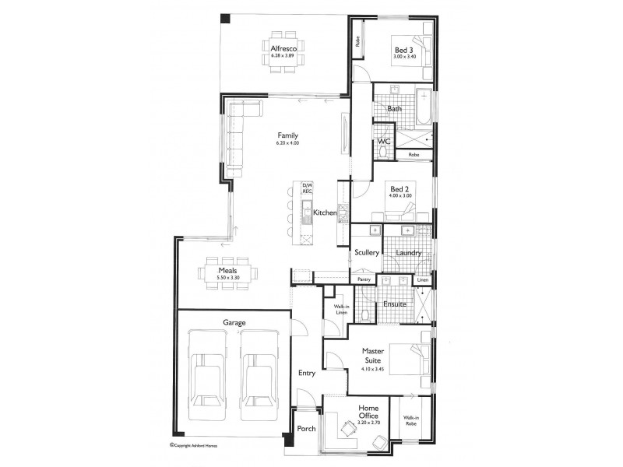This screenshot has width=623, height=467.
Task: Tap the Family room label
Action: point(287,135)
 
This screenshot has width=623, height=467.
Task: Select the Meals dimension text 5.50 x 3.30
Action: point(222,278)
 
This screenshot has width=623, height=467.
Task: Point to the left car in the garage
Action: point(208,370)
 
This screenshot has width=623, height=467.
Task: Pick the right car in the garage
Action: point(257,370)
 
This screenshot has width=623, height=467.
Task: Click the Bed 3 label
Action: point(404,49)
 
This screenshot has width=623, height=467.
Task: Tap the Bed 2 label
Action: point(400,188)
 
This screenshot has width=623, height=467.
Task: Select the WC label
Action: point(383,142)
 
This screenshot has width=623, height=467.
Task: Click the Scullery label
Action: point(366,253)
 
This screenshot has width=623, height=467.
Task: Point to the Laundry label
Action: point(408,253)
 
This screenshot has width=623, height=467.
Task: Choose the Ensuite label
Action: point(392,304)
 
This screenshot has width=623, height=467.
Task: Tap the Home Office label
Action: point(368,413)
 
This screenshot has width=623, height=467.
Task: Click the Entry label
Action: point(307,373)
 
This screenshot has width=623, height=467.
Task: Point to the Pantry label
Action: point(363,279)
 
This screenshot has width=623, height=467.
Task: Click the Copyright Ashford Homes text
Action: point(199,446)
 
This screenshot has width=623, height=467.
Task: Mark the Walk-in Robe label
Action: point(413,421)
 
